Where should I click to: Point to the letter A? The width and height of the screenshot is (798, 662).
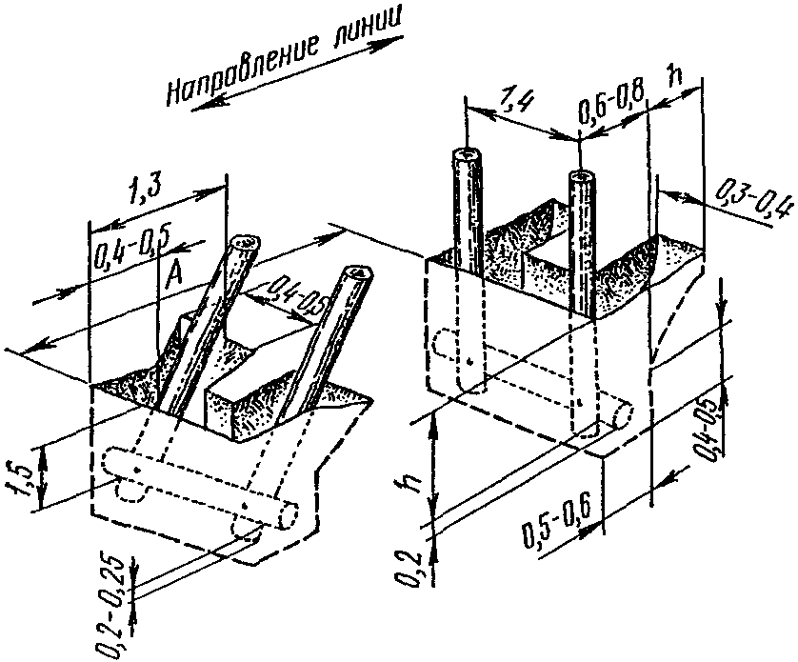coord(173,272)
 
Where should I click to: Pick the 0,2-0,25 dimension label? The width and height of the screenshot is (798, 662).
coord(110,603)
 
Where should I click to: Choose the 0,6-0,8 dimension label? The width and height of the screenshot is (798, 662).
coord(611,102)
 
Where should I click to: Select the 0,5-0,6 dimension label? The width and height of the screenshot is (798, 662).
coord(556,524)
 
